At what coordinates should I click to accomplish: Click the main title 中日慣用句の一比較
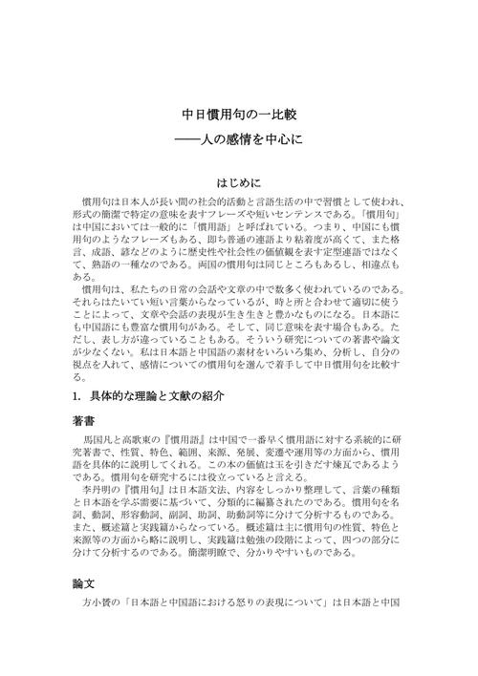[x=239, y=114]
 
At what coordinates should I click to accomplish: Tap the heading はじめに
[x=239, y=180]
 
